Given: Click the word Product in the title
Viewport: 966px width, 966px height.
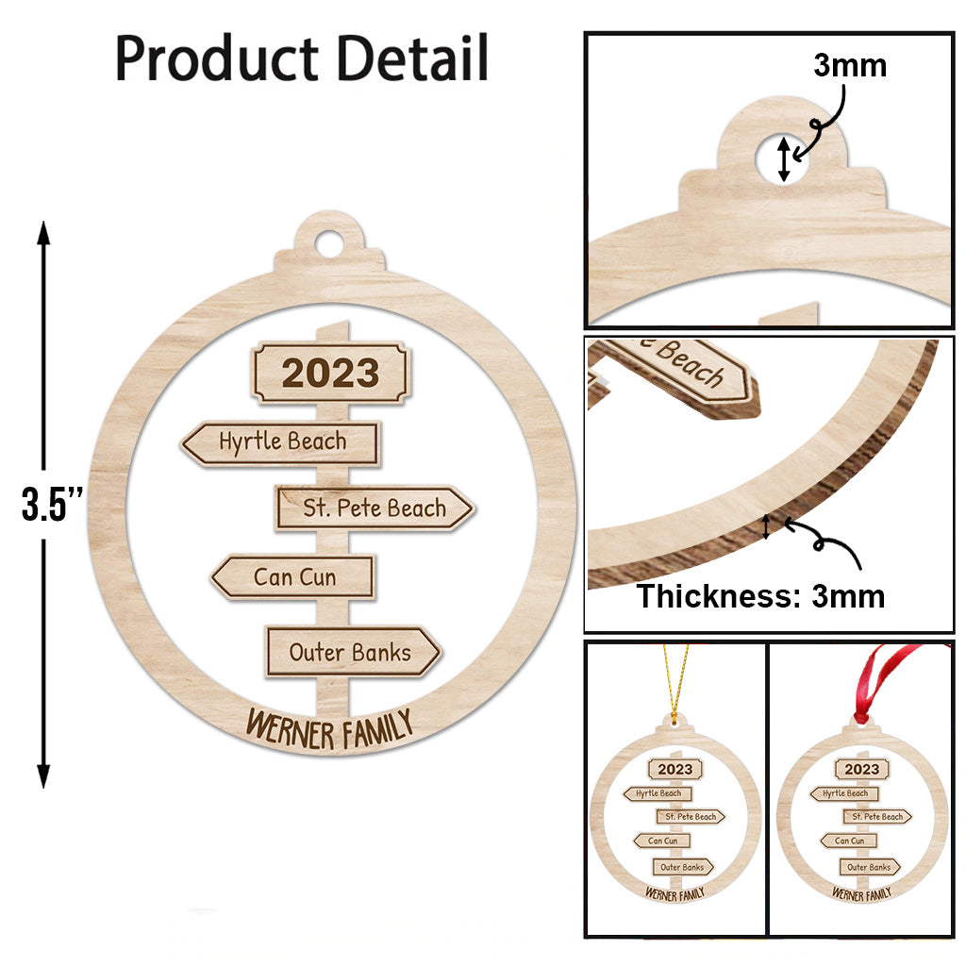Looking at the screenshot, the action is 217,59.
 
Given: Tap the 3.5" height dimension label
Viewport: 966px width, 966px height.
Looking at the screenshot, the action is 52,504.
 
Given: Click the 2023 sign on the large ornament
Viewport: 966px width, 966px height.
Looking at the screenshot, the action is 330,373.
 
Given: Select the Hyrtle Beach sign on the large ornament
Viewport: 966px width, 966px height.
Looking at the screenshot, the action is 281,443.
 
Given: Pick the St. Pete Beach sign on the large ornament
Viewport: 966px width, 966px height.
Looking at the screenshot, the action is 375,508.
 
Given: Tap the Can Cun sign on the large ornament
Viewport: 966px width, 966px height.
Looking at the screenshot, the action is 293,577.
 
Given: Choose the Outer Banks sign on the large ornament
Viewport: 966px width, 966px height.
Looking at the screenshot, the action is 353,652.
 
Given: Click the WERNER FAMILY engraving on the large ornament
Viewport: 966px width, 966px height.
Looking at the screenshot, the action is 329,729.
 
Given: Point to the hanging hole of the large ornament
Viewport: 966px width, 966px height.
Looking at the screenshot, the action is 329,244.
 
